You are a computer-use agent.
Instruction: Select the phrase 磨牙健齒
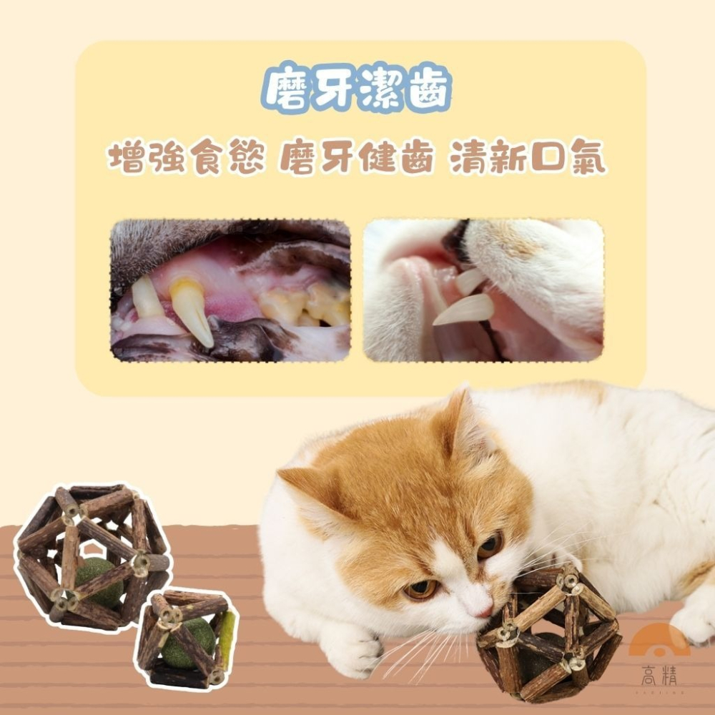pos(356,159)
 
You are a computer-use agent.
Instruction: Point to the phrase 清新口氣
pos(528,159)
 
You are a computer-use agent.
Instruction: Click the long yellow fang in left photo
pos(191,310)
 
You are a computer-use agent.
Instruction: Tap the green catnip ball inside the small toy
pos(187,640)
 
